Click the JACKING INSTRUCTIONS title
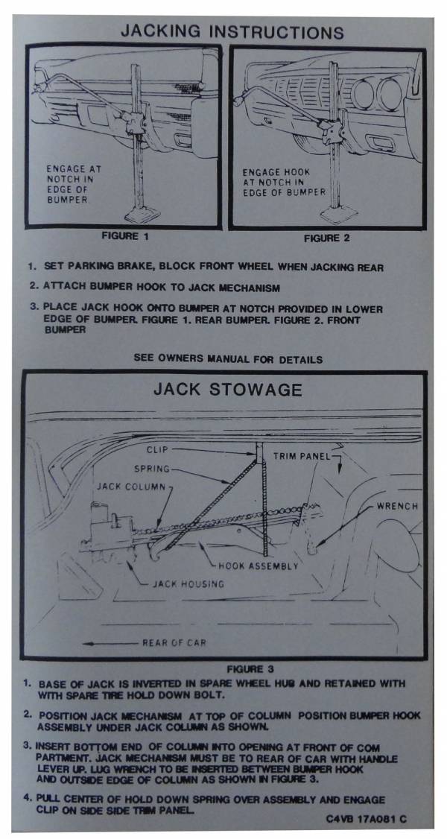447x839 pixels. [x=232, y=31]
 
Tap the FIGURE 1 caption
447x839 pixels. [x=126, y=236]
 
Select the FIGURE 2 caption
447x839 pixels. [x=327, y=238]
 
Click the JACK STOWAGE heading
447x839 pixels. [x=228, y=389]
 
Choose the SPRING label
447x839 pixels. [x=152, y=469]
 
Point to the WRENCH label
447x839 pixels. [x=397, y=505]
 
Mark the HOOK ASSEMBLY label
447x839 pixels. [x=258, y=566]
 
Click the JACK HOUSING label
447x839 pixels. [x=188, y=583]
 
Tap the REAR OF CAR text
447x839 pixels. [x=174, y=642]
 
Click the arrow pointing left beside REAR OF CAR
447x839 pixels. [x=111, y=644]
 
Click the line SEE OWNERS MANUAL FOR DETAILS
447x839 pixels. [x=228, y=360]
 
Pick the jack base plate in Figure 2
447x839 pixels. [x=339, y=213]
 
